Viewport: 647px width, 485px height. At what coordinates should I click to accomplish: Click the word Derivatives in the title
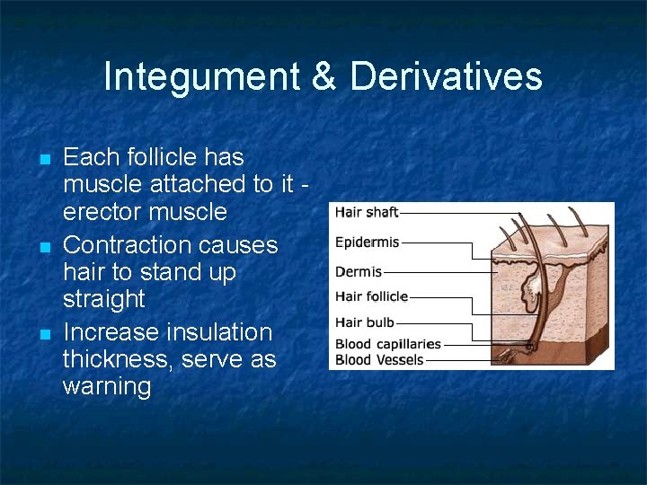(x=446, y=77)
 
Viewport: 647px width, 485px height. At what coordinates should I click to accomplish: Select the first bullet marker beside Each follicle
(x=44, y=160)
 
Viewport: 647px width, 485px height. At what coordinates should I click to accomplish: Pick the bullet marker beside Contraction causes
(x=44, y=247)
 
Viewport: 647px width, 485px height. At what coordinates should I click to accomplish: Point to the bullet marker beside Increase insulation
(x=44, y=334)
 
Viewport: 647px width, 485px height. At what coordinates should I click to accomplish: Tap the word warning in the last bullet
(x=107, y=388)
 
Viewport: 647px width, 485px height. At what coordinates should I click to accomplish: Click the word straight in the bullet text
(x=103, y=299)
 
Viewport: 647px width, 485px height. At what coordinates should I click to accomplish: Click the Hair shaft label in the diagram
(x=367, y=213)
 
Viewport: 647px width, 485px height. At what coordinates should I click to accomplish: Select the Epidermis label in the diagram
(x=367, y=242)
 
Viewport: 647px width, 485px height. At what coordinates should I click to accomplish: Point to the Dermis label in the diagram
(x=359, y=271)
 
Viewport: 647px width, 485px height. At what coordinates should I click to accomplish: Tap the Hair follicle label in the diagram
(x=371, y=296)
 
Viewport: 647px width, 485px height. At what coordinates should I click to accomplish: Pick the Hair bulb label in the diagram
(x=364, y=322)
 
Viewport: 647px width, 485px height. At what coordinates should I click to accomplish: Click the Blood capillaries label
(x=387, y=344)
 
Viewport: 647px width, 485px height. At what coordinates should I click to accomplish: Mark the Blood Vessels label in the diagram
(x=378, y=360)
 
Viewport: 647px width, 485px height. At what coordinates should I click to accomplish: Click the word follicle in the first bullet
(x=163, y=157)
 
